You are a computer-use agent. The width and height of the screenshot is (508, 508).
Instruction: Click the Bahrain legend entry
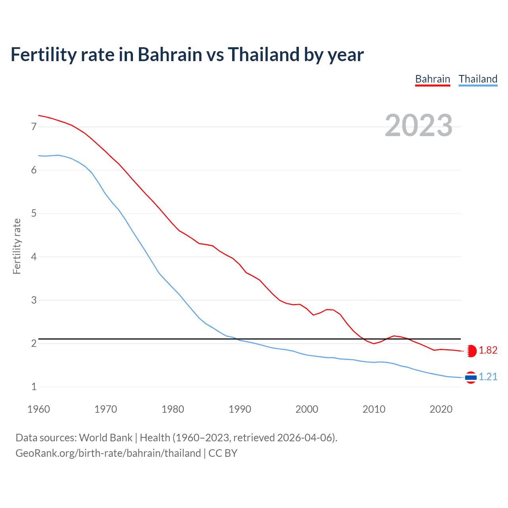point(432,79)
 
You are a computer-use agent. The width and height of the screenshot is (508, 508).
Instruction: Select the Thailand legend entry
point(478,79)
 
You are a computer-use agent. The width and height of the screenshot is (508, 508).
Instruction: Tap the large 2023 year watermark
point(418,125)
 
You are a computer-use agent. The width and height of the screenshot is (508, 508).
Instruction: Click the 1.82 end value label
point(488,350)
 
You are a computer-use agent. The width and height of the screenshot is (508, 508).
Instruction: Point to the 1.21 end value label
point(488,377)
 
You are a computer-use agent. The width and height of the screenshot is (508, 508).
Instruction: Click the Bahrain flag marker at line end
point(471,351)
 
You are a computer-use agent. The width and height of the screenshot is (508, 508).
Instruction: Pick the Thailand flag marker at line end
point(471,377)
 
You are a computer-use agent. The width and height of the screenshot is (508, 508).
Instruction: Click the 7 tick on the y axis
point(34,127)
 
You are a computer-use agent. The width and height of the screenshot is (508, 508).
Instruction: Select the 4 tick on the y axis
point(34,257)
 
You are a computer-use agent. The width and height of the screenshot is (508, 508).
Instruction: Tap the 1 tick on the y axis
point(34,387)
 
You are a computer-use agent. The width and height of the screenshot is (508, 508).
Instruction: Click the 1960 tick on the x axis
point(38,409)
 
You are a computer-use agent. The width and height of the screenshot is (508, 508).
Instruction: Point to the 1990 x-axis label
point(240,409)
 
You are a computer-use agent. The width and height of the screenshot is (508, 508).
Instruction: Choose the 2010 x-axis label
point(374,409)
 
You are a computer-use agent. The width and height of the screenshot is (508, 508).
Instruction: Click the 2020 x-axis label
point(441,409)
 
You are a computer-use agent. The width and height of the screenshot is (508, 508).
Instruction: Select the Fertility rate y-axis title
point(17,246)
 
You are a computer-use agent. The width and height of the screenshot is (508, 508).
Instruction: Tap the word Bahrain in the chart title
point(170,54)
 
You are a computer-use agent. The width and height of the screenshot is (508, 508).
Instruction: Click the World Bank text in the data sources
point(106,438)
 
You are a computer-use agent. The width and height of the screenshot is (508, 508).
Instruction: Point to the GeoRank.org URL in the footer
point(108,453)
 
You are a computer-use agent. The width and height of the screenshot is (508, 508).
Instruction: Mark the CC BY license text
point(223,453)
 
